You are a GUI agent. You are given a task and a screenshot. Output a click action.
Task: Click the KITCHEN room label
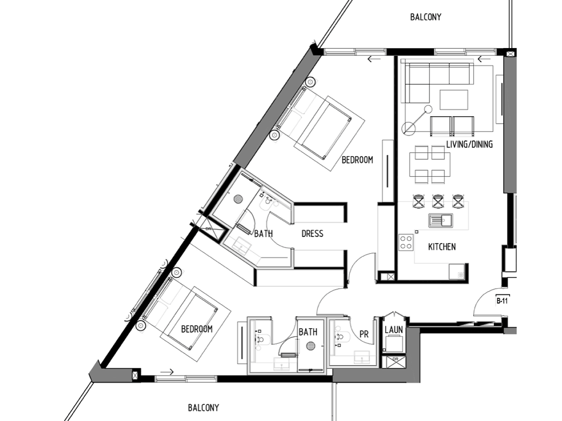click(x=442, y=247)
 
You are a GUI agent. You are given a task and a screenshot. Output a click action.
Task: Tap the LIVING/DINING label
click(x=469, y=145)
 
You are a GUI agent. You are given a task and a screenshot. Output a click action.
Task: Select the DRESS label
click(x=312, y=233)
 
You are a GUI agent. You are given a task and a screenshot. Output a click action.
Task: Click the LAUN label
click(x=394, y=330)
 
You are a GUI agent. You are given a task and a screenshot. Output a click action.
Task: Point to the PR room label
click(x=364, y=334)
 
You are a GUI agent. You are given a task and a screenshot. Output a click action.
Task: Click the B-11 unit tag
click(x=502, y=301)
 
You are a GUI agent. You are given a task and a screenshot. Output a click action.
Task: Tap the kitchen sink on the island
click(x=441, y=221)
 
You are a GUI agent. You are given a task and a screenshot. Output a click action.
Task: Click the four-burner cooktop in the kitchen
click(x=406, y=242)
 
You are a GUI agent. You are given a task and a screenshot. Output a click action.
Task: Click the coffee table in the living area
click(x=454, y=100)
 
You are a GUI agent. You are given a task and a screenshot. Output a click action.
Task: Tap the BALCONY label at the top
click(x=426, y=17)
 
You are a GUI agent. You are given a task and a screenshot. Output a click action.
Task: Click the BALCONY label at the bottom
click(x=204, y=408)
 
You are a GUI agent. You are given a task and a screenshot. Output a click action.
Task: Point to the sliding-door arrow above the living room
click(x=484, y=60)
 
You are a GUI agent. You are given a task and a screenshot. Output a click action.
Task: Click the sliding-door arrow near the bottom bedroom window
click(x=167, y=372)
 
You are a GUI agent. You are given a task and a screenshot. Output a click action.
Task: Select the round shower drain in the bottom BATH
click(x=311, y=346)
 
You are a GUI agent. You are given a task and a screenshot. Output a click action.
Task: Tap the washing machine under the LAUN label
click(x=394, y=344)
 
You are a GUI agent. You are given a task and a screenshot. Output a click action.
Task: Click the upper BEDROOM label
click(x=357, y=160)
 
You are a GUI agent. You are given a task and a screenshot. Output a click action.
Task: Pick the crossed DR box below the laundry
click(x=396, y=362)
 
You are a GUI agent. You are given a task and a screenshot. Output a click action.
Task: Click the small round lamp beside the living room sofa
click(x=428, y=109)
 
